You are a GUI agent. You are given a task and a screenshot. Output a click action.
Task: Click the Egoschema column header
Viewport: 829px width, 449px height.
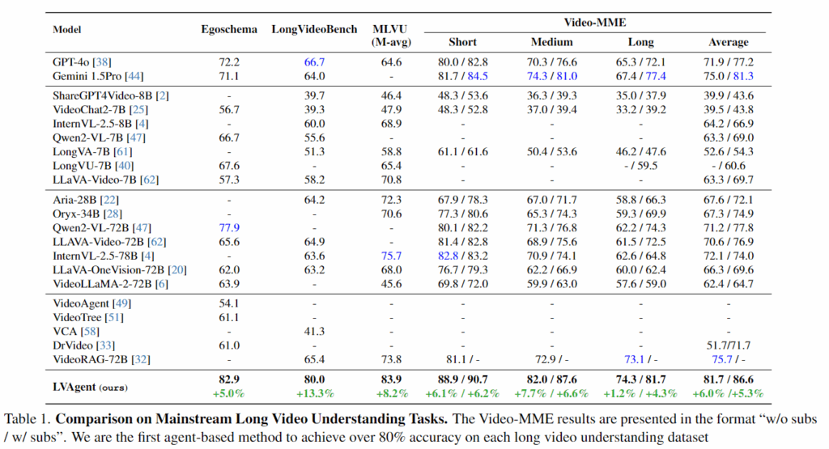point(229,30)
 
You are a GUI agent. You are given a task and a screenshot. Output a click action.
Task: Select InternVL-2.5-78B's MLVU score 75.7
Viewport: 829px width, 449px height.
point(392,256)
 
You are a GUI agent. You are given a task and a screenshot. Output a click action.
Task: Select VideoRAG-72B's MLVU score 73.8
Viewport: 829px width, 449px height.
point(392,358)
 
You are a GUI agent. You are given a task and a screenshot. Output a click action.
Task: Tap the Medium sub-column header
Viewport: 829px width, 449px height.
point(552,42)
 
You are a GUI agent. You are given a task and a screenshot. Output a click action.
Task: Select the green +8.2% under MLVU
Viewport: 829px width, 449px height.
point(392,394)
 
